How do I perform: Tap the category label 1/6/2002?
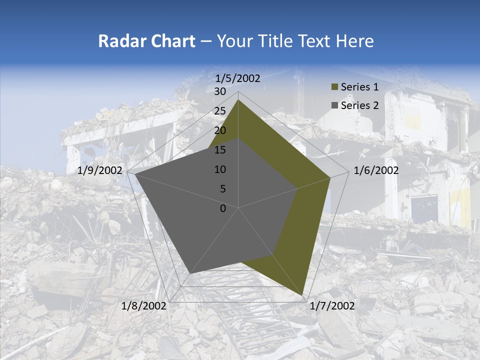376,170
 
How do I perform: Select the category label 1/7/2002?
332,306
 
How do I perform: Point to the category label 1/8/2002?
144,306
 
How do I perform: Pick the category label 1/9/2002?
100,170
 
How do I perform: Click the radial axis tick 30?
219,91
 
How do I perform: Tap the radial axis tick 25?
219,111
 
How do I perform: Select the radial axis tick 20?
219,130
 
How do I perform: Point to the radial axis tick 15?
219,150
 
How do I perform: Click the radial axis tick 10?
219,169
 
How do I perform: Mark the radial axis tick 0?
222,208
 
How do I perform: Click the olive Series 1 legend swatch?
334,87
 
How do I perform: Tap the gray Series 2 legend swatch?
334,105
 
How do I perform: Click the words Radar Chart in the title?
146,41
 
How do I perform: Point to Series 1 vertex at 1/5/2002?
238,100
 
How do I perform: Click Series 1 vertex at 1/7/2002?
302,295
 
